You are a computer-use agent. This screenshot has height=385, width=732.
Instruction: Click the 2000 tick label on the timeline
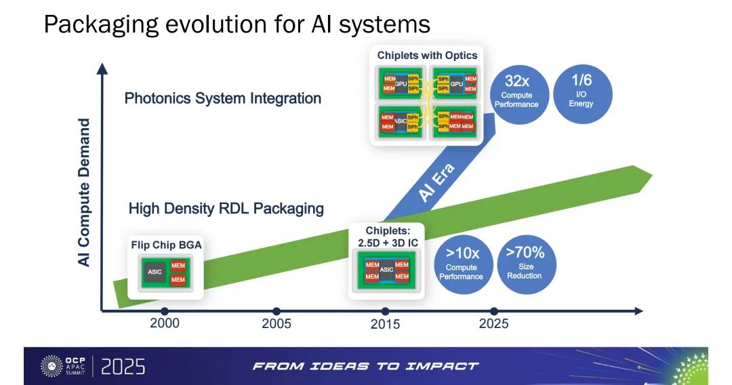tap(164, 323)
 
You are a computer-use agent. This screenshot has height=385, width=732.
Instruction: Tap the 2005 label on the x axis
tap(277, 323)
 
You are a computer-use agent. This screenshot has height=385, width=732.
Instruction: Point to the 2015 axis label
tap(385, 324)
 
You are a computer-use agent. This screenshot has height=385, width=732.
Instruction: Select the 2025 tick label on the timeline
tap(493, 323)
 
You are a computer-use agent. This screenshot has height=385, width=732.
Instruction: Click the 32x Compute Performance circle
tap(516, 94)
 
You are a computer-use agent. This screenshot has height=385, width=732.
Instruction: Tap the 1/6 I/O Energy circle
tap(582, 94)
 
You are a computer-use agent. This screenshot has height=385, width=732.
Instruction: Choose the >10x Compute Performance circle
tap(463, 264)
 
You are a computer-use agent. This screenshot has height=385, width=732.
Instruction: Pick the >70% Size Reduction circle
tap(526, 264)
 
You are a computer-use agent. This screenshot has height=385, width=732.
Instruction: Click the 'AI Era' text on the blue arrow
tap(436, 183)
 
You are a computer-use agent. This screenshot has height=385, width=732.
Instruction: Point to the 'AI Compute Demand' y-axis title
tap(84, 192)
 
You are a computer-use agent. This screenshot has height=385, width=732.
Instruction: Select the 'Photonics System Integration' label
tap(223, 98)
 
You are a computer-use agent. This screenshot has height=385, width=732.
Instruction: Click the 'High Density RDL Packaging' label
tap(226, 208)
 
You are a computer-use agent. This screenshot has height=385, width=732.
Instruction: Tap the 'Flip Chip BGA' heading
tap(166, 245)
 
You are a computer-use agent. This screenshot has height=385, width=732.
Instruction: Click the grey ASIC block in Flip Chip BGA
tap(155, 272)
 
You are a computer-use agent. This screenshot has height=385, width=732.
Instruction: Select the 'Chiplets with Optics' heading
tap(427, 56)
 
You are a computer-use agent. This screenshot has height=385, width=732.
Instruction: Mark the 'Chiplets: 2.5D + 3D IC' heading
tap(388, 237)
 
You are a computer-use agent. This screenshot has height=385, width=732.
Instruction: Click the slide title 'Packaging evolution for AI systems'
tap(237, 24)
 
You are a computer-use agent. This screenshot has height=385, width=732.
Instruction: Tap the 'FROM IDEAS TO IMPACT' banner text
tap(365, 366)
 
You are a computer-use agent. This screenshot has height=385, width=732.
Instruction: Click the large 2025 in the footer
tap(123, 367)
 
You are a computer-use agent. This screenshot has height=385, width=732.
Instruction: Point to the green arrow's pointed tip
tap(652, 176)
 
